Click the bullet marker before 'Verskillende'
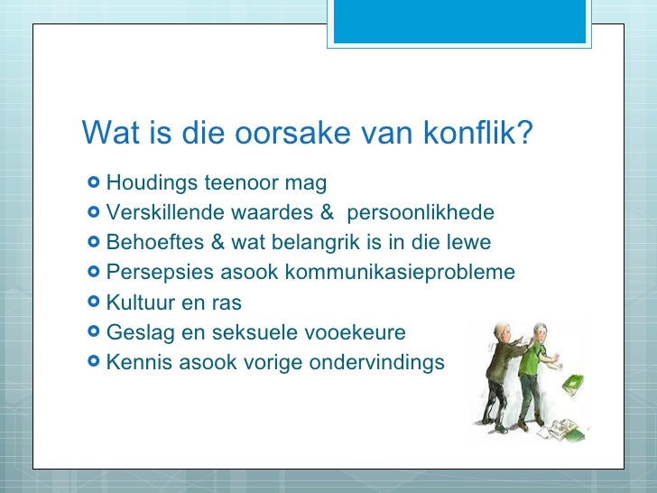[94, 213]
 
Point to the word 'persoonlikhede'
[421, 213]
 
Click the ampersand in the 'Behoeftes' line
[216, 243]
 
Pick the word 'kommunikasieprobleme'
[412, 273]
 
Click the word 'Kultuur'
[139, 302]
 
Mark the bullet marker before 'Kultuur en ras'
[94, 302]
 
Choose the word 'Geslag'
[136, 332]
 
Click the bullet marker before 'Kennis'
[94, 362]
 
